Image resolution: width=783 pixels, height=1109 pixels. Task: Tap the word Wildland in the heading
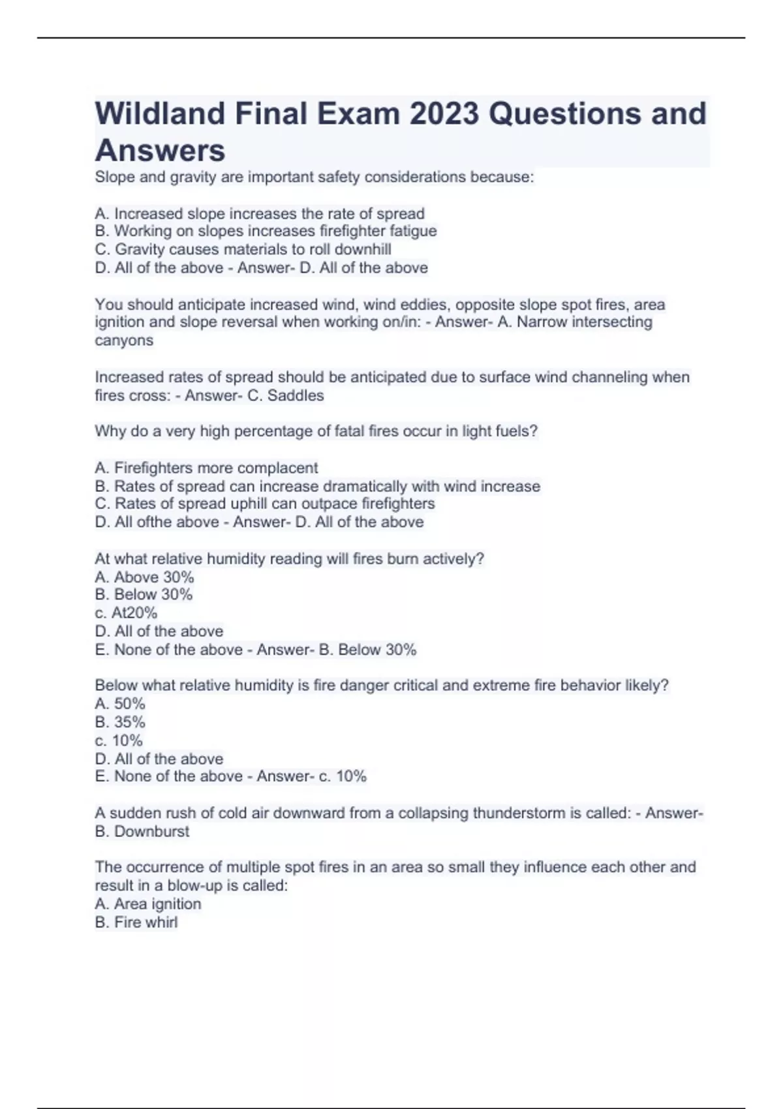160,114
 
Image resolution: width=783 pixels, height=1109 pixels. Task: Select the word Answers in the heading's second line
160,151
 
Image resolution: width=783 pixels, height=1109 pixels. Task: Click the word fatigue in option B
413,231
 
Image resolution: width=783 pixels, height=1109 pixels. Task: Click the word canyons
124,341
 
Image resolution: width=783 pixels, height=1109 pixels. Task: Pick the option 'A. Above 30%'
144,577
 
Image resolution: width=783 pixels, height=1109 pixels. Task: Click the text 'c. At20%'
126,613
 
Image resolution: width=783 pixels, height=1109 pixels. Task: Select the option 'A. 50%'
120,704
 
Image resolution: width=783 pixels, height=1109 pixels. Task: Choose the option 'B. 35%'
120,722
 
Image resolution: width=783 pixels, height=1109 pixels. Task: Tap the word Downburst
151,832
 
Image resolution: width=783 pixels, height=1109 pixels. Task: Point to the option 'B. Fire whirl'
136,922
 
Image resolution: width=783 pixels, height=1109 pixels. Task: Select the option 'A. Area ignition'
147,904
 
